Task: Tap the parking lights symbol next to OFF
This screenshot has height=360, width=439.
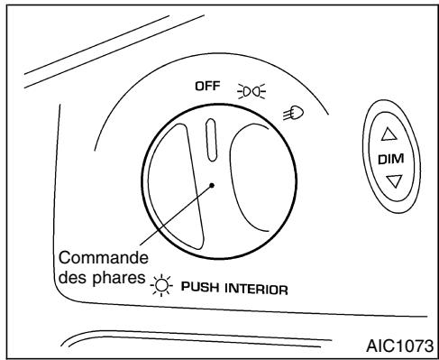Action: tap(244, 90)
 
